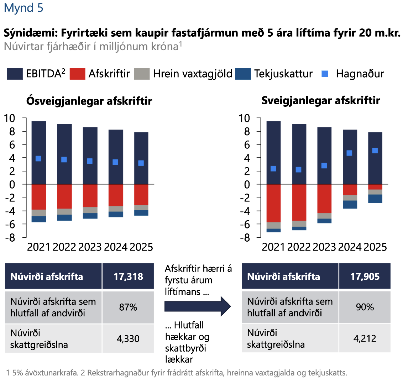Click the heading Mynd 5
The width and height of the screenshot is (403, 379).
coord(23,8)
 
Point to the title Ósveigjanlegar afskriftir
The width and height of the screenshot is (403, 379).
coord(89,101)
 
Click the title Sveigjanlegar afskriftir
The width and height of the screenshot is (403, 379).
coord(320,101)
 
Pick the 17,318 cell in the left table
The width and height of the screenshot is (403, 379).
coord(128,277)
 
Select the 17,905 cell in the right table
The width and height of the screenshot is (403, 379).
coord(365,277)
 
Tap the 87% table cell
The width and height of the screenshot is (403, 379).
coord(128,307)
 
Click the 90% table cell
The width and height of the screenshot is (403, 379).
coord(365,307)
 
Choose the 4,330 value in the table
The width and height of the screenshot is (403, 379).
coord(128,338)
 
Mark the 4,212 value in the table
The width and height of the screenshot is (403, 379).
coord(365,338)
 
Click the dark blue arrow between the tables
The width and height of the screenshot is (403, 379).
coord(198,305)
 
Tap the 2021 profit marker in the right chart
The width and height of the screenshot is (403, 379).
coord(273,169)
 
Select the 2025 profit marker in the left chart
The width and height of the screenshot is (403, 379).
coord(141,163)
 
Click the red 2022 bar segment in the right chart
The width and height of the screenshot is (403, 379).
coord(299,202)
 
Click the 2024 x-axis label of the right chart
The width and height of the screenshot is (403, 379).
coord(350,247)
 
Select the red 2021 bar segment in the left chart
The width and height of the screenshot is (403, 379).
coord(39,197)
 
